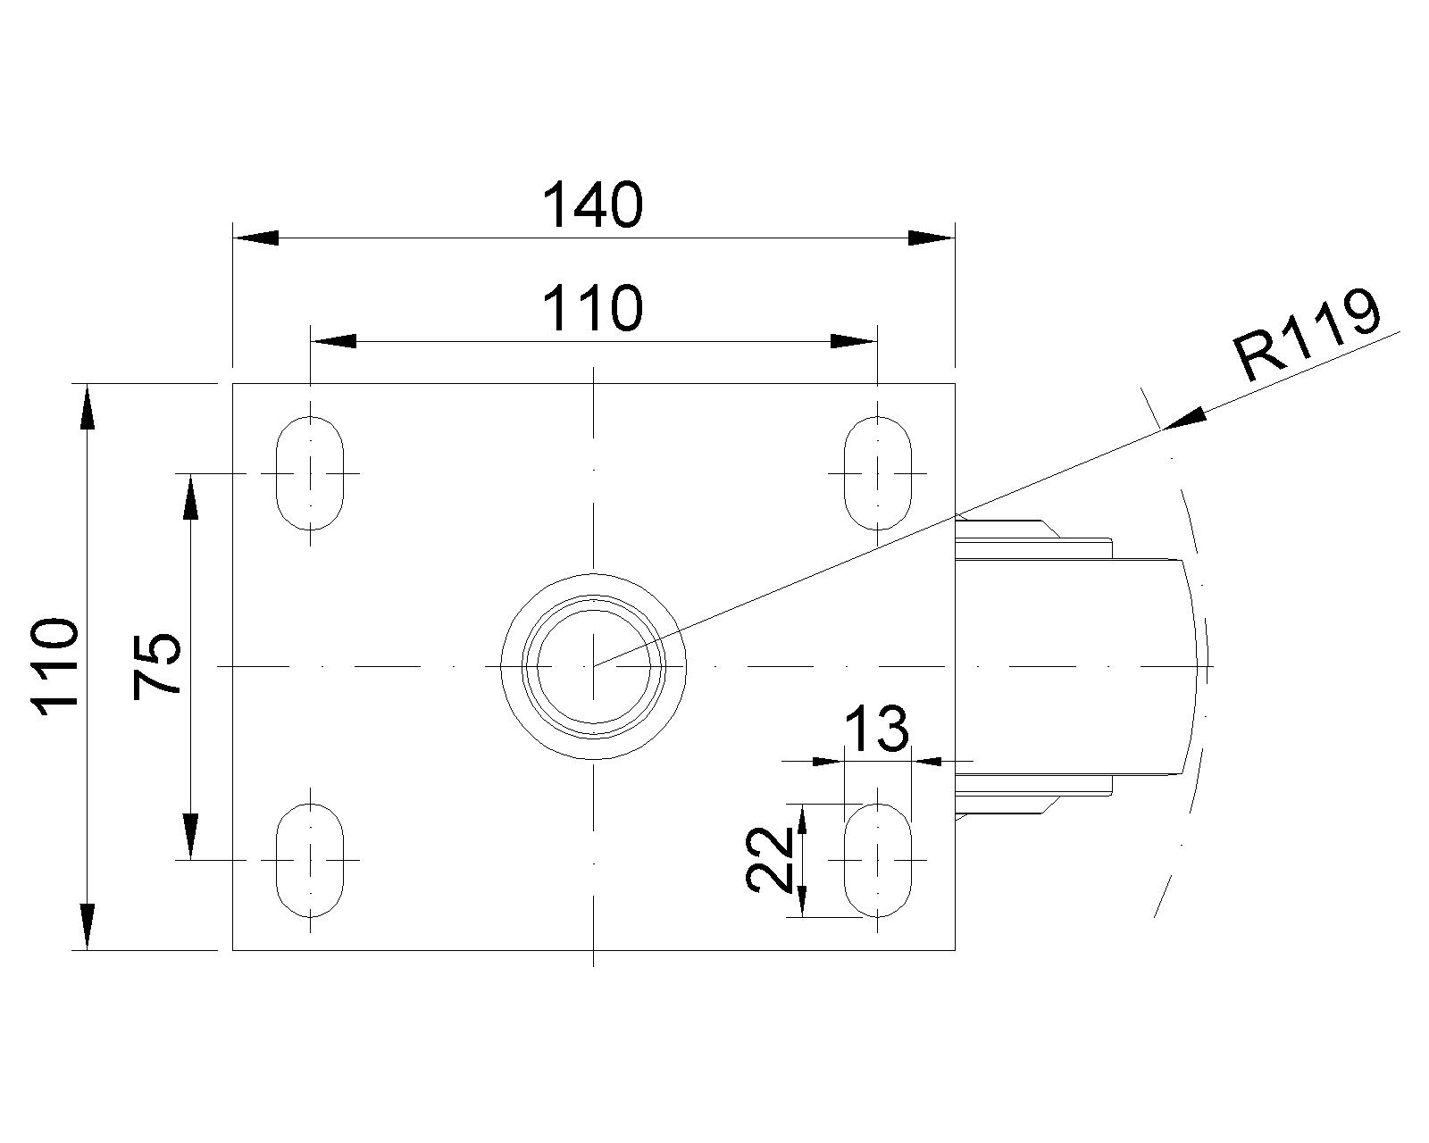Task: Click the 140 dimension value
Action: (x=593, y=204)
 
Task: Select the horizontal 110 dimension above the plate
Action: (x=593, y=309)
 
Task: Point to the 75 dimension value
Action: (x=157, y=666)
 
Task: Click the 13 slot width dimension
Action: (x=876, y=729)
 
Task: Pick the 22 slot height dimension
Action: (x=769, y=860)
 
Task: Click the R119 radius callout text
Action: (x=1305, y=335)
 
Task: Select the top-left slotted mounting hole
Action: (x=310, y=472)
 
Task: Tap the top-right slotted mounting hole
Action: (x=879, y=472)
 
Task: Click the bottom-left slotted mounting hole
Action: (x=310, y=859)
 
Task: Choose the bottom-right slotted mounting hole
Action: (x=879, y=859)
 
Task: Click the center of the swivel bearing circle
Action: (x=594, y=666)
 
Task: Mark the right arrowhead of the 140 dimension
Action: (x=932, y=238)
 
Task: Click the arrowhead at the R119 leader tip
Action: (x=1182, y=421)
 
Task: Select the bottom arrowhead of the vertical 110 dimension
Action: (x=87, y=927)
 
